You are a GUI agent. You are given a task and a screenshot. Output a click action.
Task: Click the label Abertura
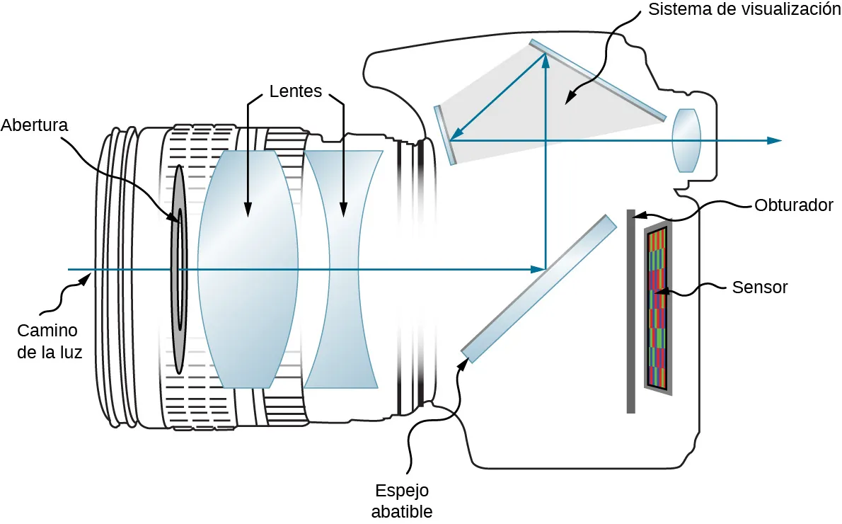(34, 125)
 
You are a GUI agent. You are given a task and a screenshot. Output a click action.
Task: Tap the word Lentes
(296, 91)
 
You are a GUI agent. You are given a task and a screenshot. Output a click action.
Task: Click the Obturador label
(794, 205)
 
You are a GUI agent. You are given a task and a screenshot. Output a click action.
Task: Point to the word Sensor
(760, 287)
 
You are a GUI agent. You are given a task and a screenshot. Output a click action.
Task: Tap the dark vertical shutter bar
(630, 312)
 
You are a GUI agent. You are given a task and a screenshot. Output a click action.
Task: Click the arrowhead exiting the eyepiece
(775, 140)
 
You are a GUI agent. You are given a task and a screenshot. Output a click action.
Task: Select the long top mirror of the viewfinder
(598, 79)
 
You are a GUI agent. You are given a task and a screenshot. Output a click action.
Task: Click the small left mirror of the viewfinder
(444, 135)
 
